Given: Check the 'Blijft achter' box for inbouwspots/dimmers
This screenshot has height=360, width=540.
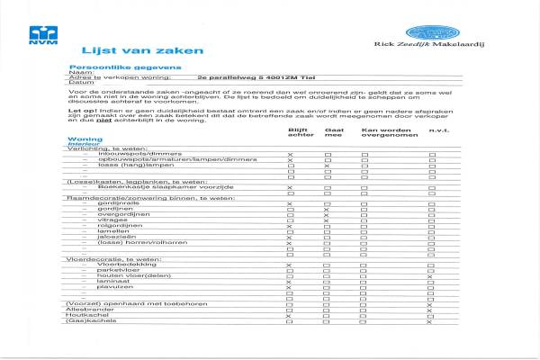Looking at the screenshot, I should (x=290, y=156).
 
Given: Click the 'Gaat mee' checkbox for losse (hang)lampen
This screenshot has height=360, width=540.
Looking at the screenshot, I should (x=327, y=167).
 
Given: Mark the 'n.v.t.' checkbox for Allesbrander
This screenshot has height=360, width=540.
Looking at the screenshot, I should (x=433, y=309).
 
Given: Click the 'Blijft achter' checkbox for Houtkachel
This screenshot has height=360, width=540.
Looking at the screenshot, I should (x=290, y=315).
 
